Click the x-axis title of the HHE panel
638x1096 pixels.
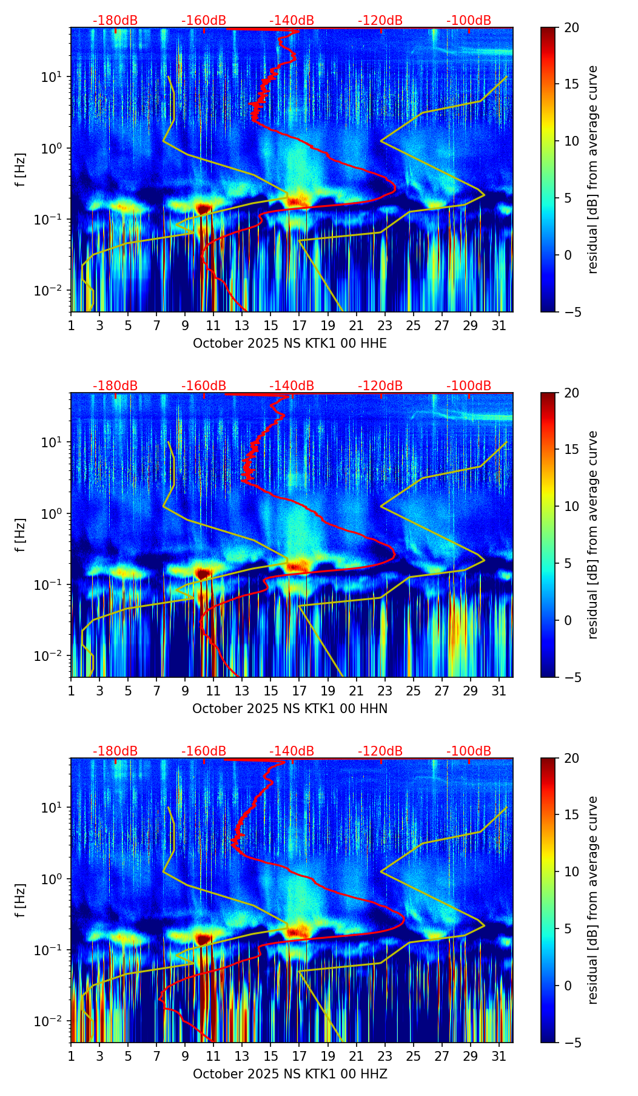coord(290,343)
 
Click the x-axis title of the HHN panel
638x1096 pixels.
coord(290,709)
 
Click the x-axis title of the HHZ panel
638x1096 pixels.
coord(290,1074)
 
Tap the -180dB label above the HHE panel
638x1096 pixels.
coord(115,21)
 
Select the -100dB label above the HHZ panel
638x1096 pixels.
coord(469,751)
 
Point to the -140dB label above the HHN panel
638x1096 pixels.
coord(292,386)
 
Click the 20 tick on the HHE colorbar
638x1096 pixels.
coord(572,28)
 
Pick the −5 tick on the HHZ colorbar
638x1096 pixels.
coord(572,1043)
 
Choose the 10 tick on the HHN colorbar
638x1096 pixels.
coord(572,506)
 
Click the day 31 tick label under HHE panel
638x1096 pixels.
coord(499,326)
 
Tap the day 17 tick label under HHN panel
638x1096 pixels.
coord(299,691)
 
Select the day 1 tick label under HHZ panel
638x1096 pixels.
coord(71,1057)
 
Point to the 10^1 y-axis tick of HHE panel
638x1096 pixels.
coord(57,77)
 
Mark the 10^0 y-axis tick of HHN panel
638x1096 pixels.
coord(57,514)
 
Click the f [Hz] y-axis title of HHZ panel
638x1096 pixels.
coord(21,901)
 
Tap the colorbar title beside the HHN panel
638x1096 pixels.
coord(593,535)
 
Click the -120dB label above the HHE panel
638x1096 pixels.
coord(380,21)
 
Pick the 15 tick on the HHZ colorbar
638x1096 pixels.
coord(572,815)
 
